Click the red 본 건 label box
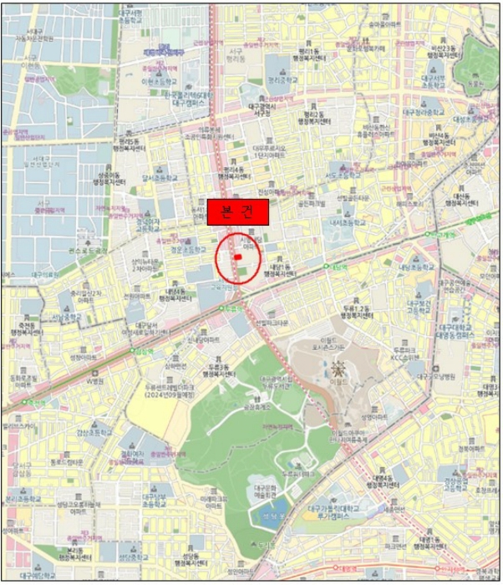237,212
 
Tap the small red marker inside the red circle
237,257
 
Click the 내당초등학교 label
414,267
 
